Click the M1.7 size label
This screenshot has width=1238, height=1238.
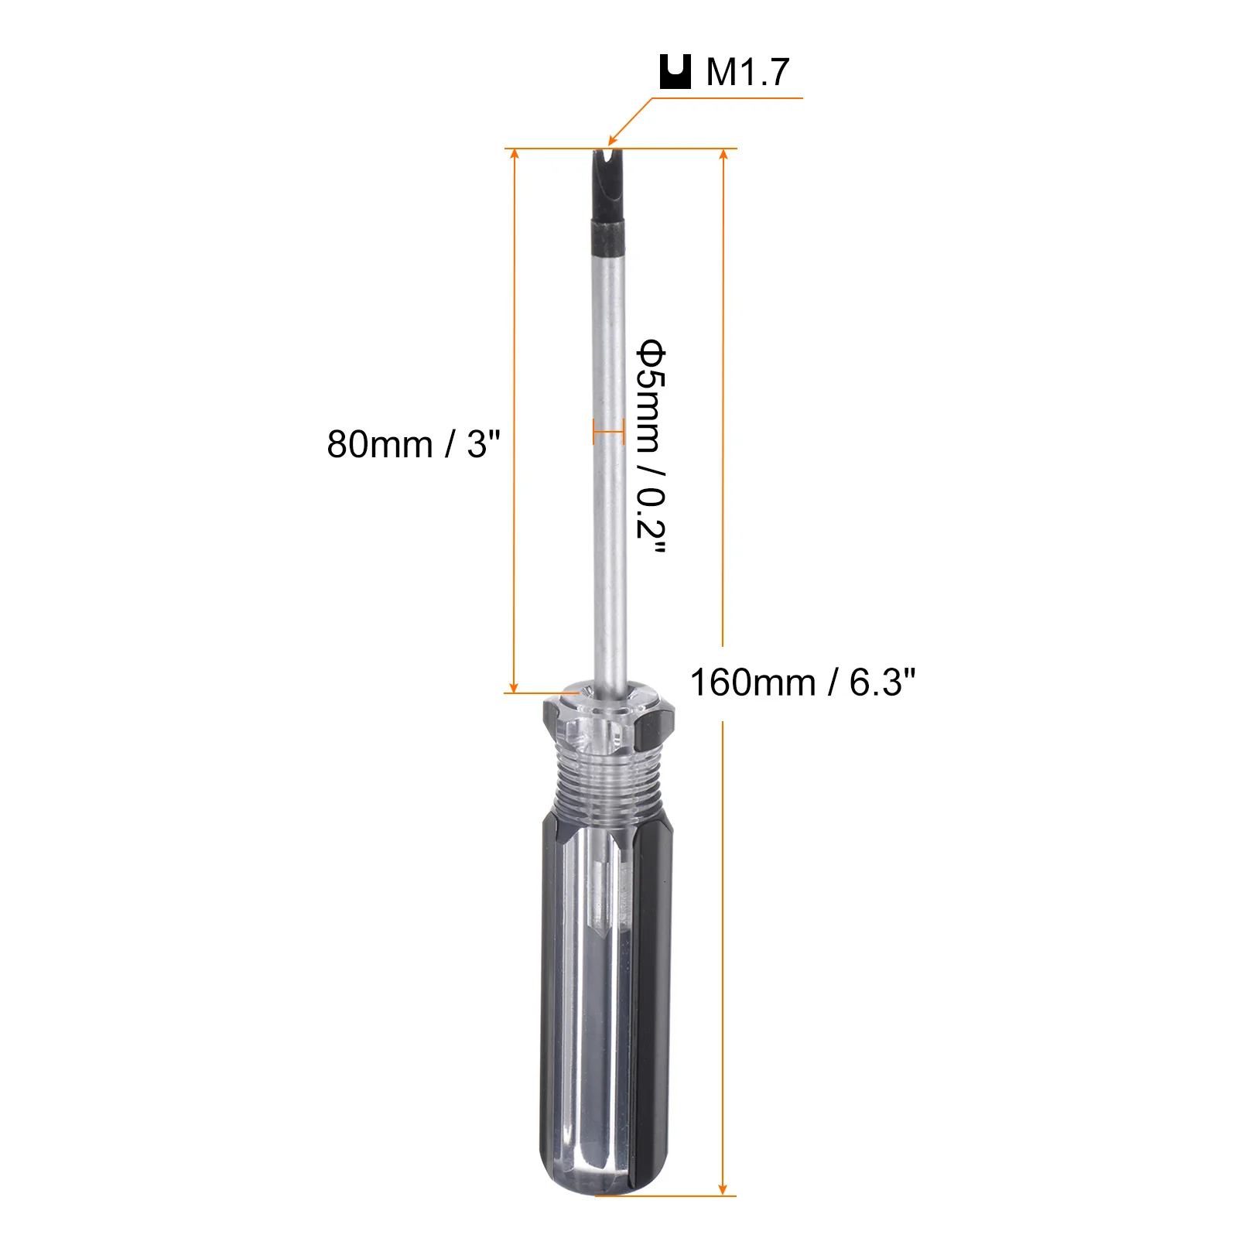(x=747, y=72)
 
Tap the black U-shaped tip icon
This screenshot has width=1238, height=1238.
(x=675, y=72)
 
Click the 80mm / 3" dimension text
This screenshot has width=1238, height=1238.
(x=414, y=444)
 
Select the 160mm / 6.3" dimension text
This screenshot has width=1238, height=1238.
(x=802, y=682)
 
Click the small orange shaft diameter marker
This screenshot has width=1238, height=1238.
(x=608, y=432)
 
